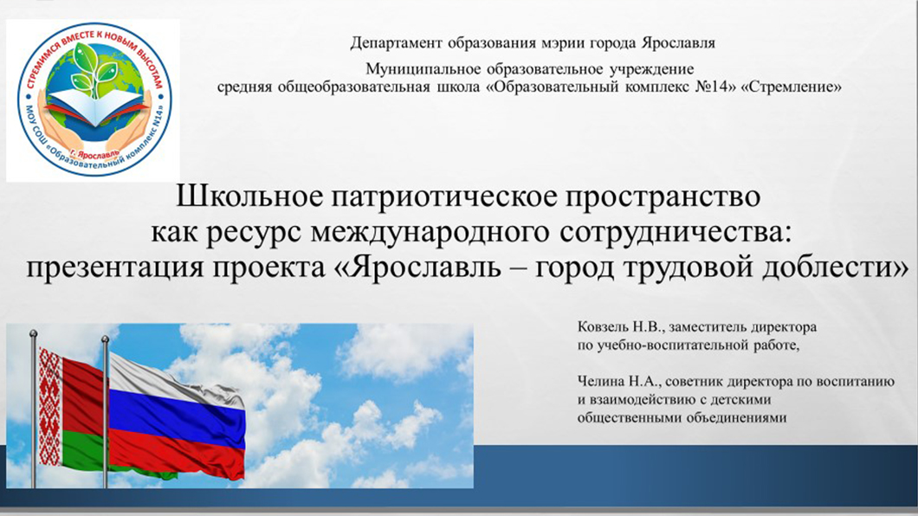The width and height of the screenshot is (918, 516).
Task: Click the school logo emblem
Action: (94, 100)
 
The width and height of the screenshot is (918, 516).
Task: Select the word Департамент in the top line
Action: (397, 43)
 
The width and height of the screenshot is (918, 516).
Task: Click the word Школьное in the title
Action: (249, 196)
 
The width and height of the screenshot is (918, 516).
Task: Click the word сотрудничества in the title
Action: (672, 234)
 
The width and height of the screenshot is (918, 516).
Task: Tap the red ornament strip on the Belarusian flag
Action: (50, 406)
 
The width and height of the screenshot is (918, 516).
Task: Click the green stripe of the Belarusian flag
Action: (87, 451)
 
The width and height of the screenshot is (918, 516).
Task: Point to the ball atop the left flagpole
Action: (34, 333)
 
